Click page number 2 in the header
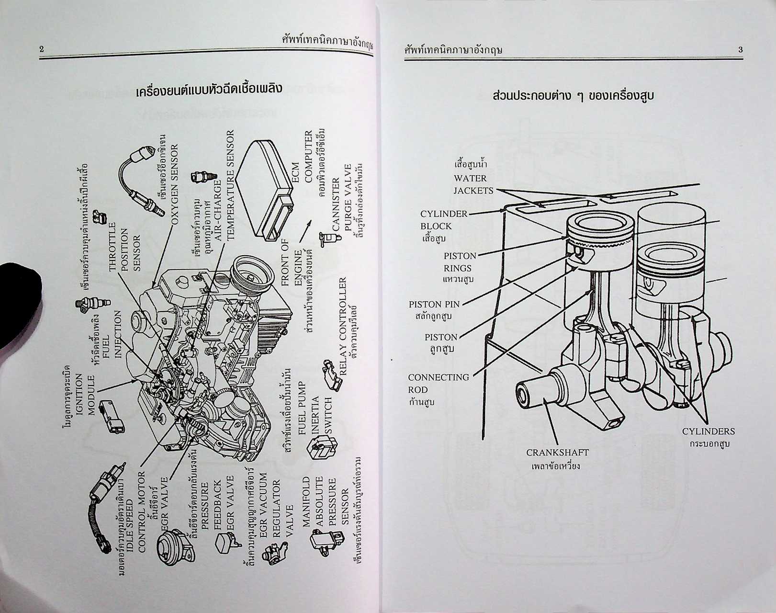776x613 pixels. point(42,49)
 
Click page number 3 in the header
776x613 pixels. point(740,50)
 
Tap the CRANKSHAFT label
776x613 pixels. point(557,453)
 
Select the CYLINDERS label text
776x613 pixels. point(708,431)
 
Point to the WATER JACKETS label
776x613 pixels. point(473,184)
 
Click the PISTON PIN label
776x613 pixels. point(434,304)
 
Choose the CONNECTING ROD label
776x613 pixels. point(438,384)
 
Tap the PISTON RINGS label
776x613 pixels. point(460,262)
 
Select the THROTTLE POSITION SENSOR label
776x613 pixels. point(124,247)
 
